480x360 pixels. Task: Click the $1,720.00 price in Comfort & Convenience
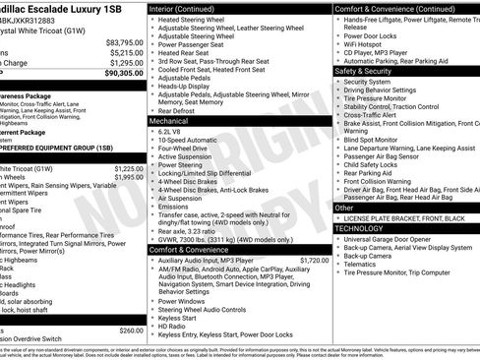(x=309, y=261)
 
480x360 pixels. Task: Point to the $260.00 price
(x=130, y=330)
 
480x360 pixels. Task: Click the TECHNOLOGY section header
(x=361, y=228)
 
